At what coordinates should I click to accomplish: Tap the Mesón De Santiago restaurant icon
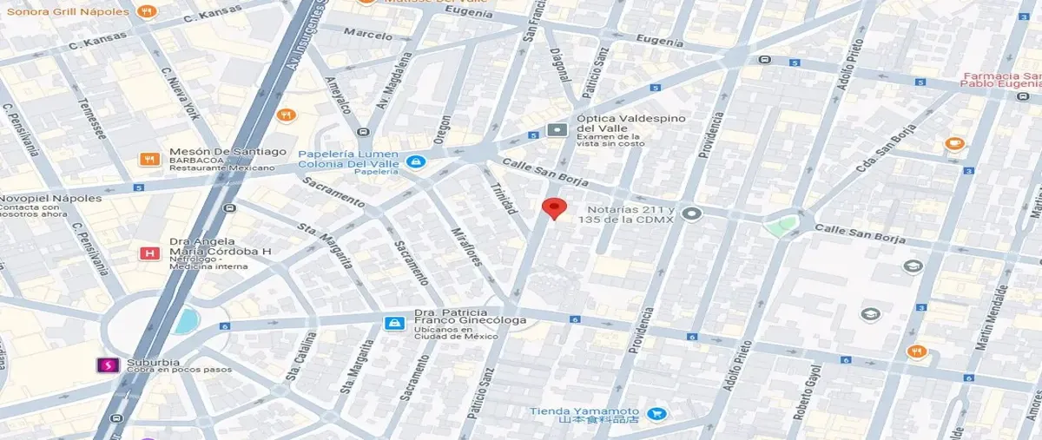pos(149,159)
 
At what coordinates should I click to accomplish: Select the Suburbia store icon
pos(108,365)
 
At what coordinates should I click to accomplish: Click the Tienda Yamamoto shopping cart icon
pos(656,415)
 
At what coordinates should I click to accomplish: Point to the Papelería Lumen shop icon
pos(416,161)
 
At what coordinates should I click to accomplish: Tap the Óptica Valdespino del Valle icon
pos(557,130)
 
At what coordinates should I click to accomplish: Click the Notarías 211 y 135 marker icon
pos(691,213)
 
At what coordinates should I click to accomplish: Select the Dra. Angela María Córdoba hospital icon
pos(149,253)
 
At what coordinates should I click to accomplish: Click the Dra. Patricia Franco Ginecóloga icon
pos(394,324)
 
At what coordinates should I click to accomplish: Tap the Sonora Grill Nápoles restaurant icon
pos(148,12)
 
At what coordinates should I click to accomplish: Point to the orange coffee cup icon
pos(954,143)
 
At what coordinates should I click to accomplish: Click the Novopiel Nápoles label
pos(50,199)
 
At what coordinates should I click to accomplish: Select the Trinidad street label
pos(504,198)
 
